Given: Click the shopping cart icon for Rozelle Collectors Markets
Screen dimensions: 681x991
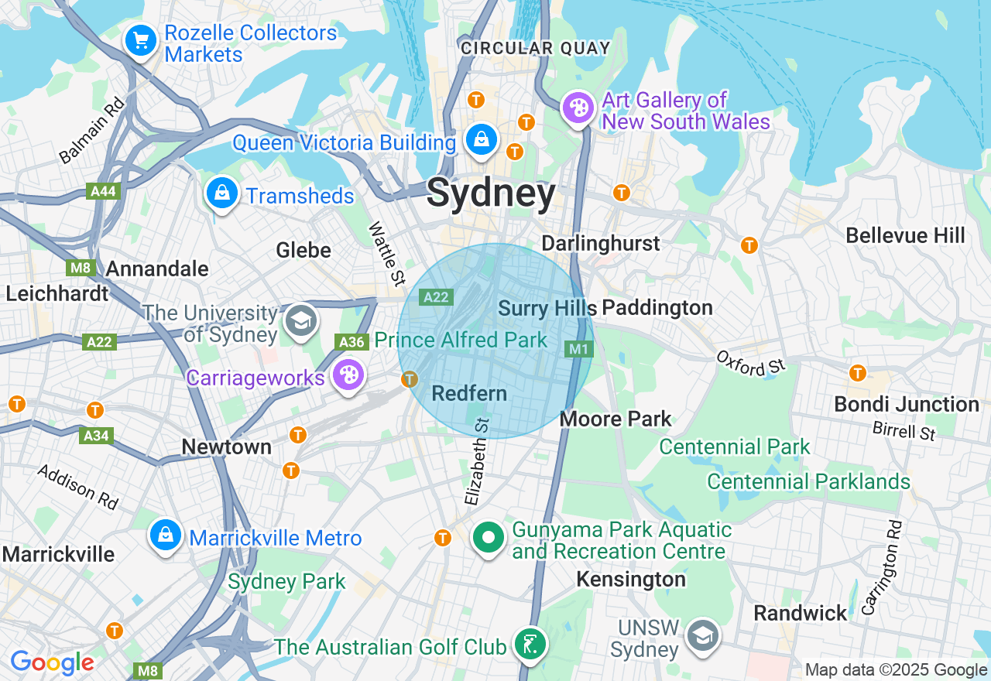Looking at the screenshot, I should point(140,40).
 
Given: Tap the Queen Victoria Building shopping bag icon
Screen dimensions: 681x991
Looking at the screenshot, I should point(482,139).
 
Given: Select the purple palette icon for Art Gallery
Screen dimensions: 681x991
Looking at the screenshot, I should point(578,108).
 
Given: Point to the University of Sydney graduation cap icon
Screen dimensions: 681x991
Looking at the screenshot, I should point(300,321).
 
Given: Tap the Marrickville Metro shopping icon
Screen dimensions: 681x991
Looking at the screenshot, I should point(166,535).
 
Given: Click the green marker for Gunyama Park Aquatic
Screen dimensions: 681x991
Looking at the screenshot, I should point(489,537).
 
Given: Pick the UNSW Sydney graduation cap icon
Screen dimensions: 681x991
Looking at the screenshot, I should point(702,636).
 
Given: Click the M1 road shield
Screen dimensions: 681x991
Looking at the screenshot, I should point(578,349).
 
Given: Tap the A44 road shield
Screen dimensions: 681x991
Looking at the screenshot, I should point(103,192).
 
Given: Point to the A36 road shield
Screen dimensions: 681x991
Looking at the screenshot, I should point(351,342).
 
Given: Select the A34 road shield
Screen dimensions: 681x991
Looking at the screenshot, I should point(96,436).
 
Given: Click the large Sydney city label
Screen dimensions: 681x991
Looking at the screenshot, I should point(491,193).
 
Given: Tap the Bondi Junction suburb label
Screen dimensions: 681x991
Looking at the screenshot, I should point(906,404).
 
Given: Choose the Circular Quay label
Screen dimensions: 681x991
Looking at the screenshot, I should point(536,48).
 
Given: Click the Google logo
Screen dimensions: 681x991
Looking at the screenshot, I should point(52,663).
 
